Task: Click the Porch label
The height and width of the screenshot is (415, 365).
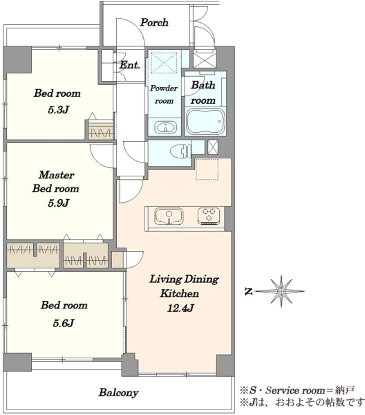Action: pyautogui.click(x=154, y=23)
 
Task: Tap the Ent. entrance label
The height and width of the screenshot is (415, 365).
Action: pyautogui.click(x=129, y=65)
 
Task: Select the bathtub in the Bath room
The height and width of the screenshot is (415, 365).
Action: pyautogui.click(x=205, y=122)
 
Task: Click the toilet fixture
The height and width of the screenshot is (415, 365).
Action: pyautogui.click(x=180, y=152)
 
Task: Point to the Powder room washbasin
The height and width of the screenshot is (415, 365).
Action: pyautogui.click(x=166, y=127)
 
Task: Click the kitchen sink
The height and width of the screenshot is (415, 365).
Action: pyautogui.click(x=169, y=216)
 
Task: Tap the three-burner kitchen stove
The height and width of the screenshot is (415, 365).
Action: pyautogui.click(x=208, y=216)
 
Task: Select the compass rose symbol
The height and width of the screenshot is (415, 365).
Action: pyautogui.click(x=281, y=291)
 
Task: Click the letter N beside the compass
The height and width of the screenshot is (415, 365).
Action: pyautogui.click(x=248, y=292)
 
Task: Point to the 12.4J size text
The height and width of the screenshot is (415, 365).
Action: pyautogui.click(x=180, y=308)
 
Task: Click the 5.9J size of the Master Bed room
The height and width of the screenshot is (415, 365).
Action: pyautogui.click(x=59, y=203)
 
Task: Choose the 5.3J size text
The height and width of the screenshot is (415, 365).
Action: pyautogui.click(x=59, y=109)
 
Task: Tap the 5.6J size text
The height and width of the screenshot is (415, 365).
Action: pyautogui.click(x=64, y=323)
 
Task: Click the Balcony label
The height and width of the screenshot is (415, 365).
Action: pyautogui.click(x=118, y=392)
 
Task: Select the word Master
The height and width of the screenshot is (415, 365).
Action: pyautogui.click(x=57, y=175)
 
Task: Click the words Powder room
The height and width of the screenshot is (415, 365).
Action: pyautogui.click(x=164, y=95)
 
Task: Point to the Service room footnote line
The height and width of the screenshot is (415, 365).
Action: pyautogui.click(x=297, y=390)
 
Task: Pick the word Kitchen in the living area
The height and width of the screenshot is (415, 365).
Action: pyautogui.click(x=180, y=293)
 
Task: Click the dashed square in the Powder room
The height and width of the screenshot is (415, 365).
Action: pyautogui.click(x=164, y=62)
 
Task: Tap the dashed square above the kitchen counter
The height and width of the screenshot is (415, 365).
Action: pyautogui.click(x=207, y=169)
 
